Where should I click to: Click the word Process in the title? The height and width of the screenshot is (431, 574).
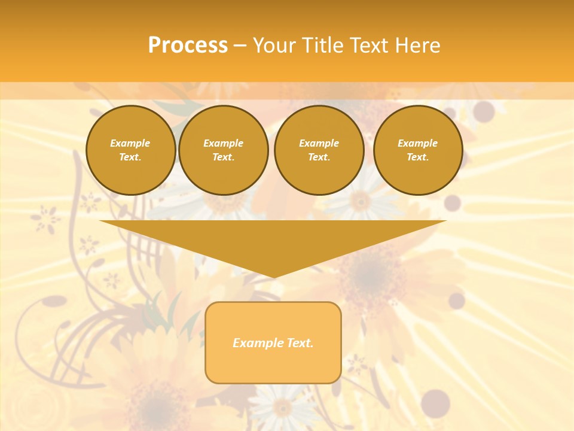tap(188, 45)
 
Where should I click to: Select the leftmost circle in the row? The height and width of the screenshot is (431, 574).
tap(131, 150)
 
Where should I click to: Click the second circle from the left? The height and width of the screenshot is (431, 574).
tap(224, 150)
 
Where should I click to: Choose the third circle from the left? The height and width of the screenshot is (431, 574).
tap(319, 150)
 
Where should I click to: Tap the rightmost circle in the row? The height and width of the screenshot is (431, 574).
tap(418, 150)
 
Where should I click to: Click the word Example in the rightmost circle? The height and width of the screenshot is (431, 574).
tap(418, 143)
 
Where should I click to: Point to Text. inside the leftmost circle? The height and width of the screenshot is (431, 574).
tap(131, 157)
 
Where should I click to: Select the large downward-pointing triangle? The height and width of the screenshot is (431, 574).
tap(273, 239)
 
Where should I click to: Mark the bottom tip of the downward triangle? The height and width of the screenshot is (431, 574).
tap(273, 276)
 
